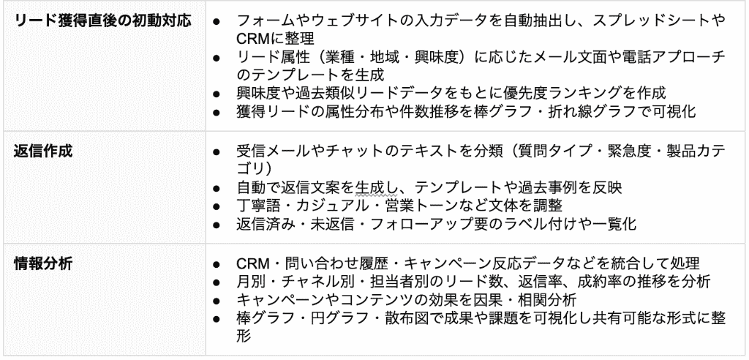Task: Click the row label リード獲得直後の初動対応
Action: coord(104,21)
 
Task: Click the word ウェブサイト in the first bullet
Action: coord(351,21)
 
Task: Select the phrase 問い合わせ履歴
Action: coord(331,263)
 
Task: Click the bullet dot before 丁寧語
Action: coord(217,206)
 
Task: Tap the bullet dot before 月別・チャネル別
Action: coord(217,282)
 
